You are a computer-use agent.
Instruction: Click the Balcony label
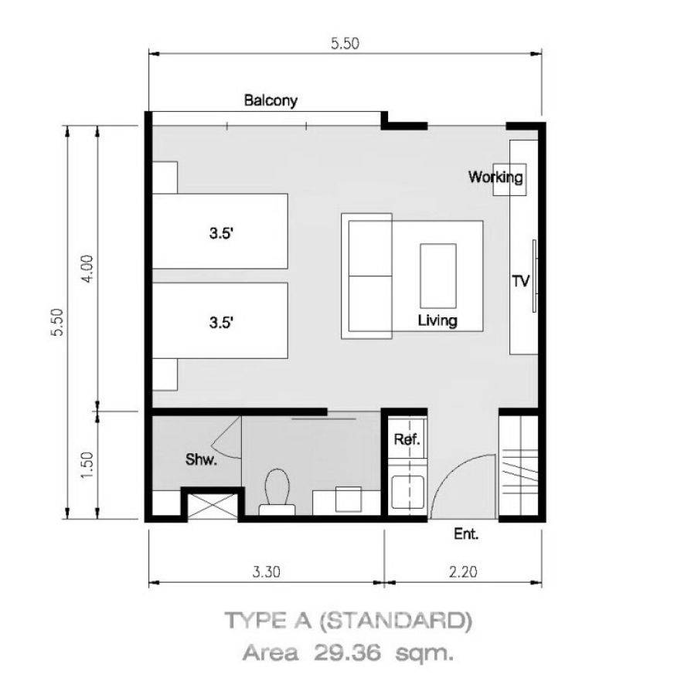271,100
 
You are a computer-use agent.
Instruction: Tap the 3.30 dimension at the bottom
266,571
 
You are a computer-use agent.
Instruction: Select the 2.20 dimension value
463,571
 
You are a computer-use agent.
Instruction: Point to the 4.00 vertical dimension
87,269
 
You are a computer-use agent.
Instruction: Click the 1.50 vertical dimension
87,466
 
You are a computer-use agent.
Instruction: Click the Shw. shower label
201,459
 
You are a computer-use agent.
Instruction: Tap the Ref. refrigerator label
407,439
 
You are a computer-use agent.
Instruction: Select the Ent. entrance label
466,534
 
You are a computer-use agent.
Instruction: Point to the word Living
437,320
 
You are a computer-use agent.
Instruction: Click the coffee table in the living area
437,276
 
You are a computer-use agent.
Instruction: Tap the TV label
521,281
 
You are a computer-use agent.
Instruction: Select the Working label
495,177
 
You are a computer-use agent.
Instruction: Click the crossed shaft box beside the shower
213,506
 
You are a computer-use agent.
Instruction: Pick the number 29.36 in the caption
347,652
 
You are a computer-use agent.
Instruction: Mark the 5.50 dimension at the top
345,43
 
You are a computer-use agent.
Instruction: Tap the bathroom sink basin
349,500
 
